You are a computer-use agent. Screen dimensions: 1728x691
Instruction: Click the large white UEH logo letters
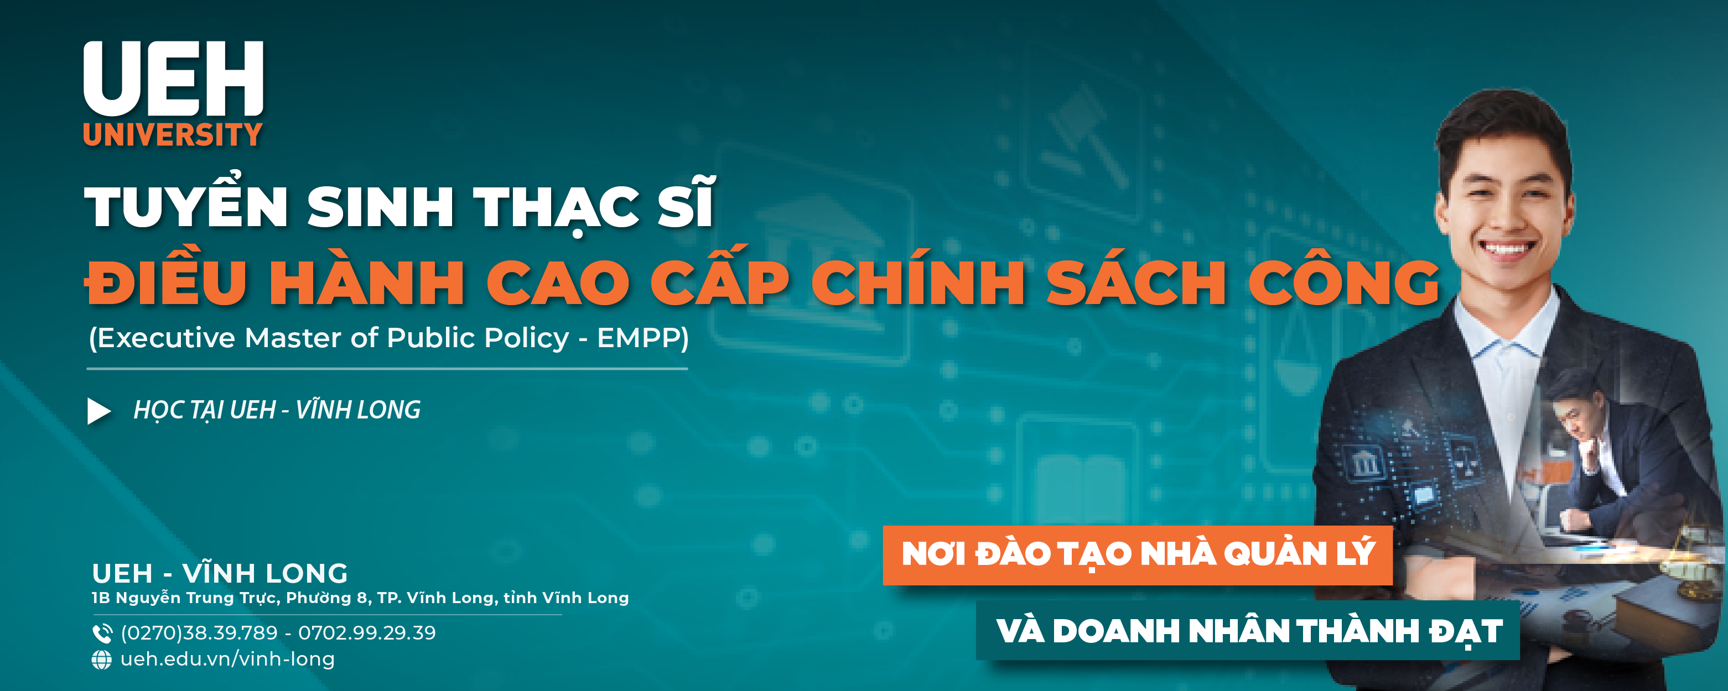[173, 78]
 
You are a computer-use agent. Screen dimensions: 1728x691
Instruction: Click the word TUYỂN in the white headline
[186, 201]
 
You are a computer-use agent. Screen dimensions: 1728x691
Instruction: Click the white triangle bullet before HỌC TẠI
[98, 411]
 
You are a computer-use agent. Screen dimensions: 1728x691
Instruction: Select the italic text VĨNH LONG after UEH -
[358, 410]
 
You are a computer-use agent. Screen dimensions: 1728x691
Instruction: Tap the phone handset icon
[102, 633]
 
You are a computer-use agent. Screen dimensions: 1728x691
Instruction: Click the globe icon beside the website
[101, 659]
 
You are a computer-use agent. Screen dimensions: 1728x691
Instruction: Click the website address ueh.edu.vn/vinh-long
[227, 659]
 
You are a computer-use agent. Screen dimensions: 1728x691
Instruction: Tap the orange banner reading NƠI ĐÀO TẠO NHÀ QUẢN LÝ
[1138, 555]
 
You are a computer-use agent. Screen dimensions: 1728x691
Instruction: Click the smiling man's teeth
[1506, 248]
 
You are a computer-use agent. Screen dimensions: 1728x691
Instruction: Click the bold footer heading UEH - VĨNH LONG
[220, 573]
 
